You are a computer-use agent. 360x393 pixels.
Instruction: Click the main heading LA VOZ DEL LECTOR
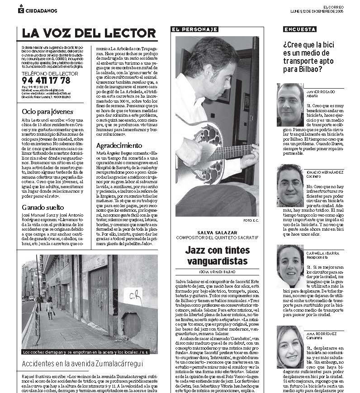point(89,33)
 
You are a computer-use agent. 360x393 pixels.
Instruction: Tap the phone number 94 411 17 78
point(46,80)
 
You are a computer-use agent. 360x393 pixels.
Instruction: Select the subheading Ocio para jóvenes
point(47,112)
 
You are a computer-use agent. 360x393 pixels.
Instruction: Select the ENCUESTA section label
point(300,29)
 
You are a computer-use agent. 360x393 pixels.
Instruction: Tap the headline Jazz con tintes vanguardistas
point(217,256)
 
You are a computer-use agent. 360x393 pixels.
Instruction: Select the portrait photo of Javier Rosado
point(290,104)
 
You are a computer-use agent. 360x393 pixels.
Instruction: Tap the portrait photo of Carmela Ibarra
point(290,265)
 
